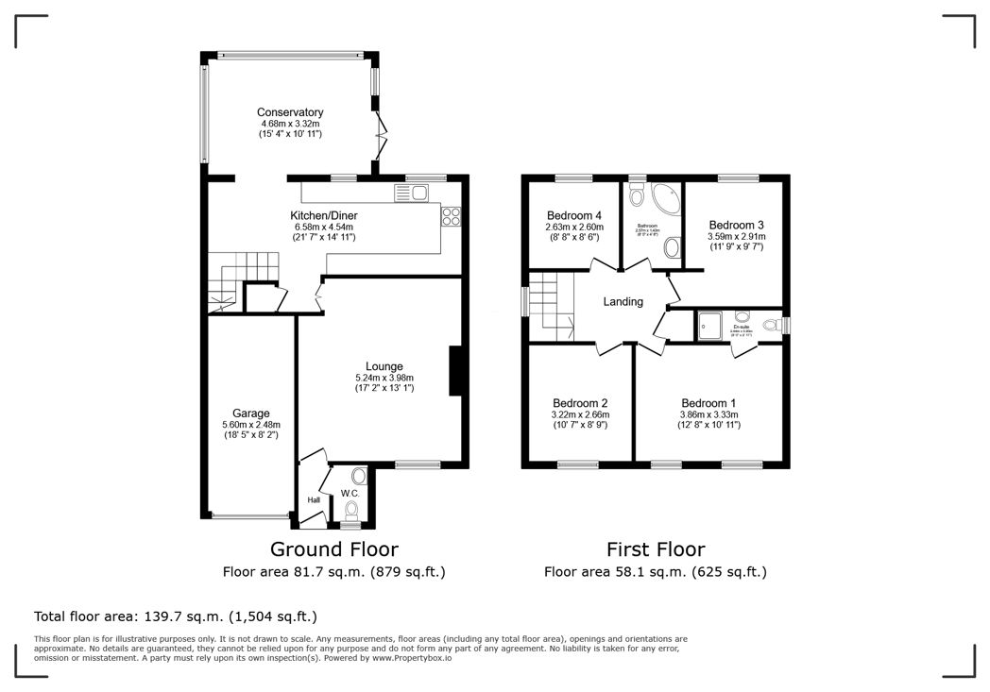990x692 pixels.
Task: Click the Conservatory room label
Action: [x=290, y=112]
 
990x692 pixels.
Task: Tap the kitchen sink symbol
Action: [x=412, y=193]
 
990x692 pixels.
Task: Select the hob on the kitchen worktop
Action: [x=450, y=215]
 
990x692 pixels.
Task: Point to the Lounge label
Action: [x=384, y=366]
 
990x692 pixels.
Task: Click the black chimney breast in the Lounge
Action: [x=454, y=370]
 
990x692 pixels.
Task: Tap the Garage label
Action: [x=251, y=413]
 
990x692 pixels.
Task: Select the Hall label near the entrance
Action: [x=314, y=500]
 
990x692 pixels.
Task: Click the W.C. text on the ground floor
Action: [x=349, y=493]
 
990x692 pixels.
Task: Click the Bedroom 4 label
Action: [x=573, y=215]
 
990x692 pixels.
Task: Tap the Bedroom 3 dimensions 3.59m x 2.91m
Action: [x=738, y=237]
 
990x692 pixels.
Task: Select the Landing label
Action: [x=623, y=302]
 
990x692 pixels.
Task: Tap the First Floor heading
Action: [x=655, y=549]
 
